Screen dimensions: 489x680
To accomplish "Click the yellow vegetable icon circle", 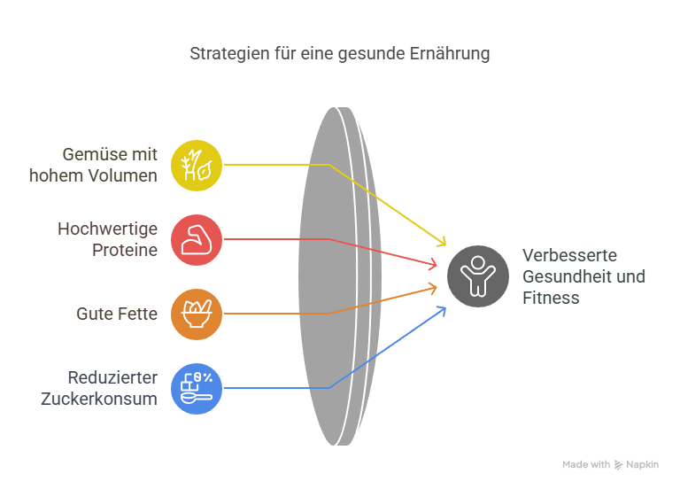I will [x=197, y=165].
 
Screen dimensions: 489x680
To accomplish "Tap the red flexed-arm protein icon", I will [x=197, y=239].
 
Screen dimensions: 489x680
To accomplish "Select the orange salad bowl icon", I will [x=197, y=314].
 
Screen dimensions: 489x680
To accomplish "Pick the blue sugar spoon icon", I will [x=197, y=388].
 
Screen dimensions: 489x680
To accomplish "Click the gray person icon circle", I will [x=478, y=276].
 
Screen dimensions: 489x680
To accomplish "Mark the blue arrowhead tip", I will [x=444, y=307].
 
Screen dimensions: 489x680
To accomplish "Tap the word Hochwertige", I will [x=107, y=229].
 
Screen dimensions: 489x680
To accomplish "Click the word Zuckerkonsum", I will [x=99, y=399].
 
